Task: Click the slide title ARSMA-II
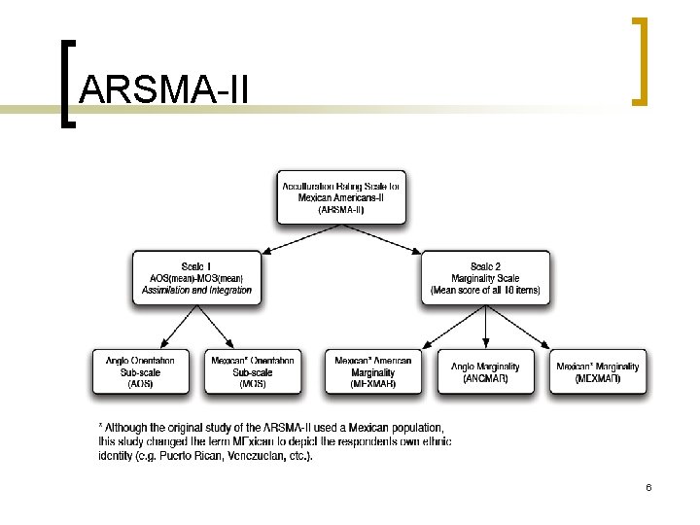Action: click(165, 89)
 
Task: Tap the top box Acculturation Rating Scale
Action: click(341, 197)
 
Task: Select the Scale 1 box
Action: click(197, 277)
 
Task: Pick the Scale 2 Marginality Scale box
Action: click(485, 277)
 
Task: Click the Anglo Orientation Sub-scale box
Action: click(141, 371)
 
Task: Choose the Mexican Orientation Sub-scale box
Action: click(253, 371)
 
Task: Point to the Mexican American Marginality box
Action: click(373, 371)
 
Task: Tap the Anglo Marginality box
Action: click(485, 371)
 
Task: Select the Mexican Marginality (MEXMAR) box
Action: click(598, 371)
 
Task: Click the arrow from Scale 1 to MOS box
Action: click(217, 326)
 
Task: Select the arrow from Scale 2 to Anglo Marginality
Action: click(485, 327)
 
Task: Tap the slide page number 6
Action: click(647, 486)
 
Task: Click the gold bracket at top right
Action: click(640, 60)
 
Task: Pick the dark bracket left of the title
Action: click(66, 84)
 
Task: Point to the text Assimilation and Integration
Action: click(197, 291)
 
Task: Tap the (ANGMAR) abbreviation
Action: click(485, 378)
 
